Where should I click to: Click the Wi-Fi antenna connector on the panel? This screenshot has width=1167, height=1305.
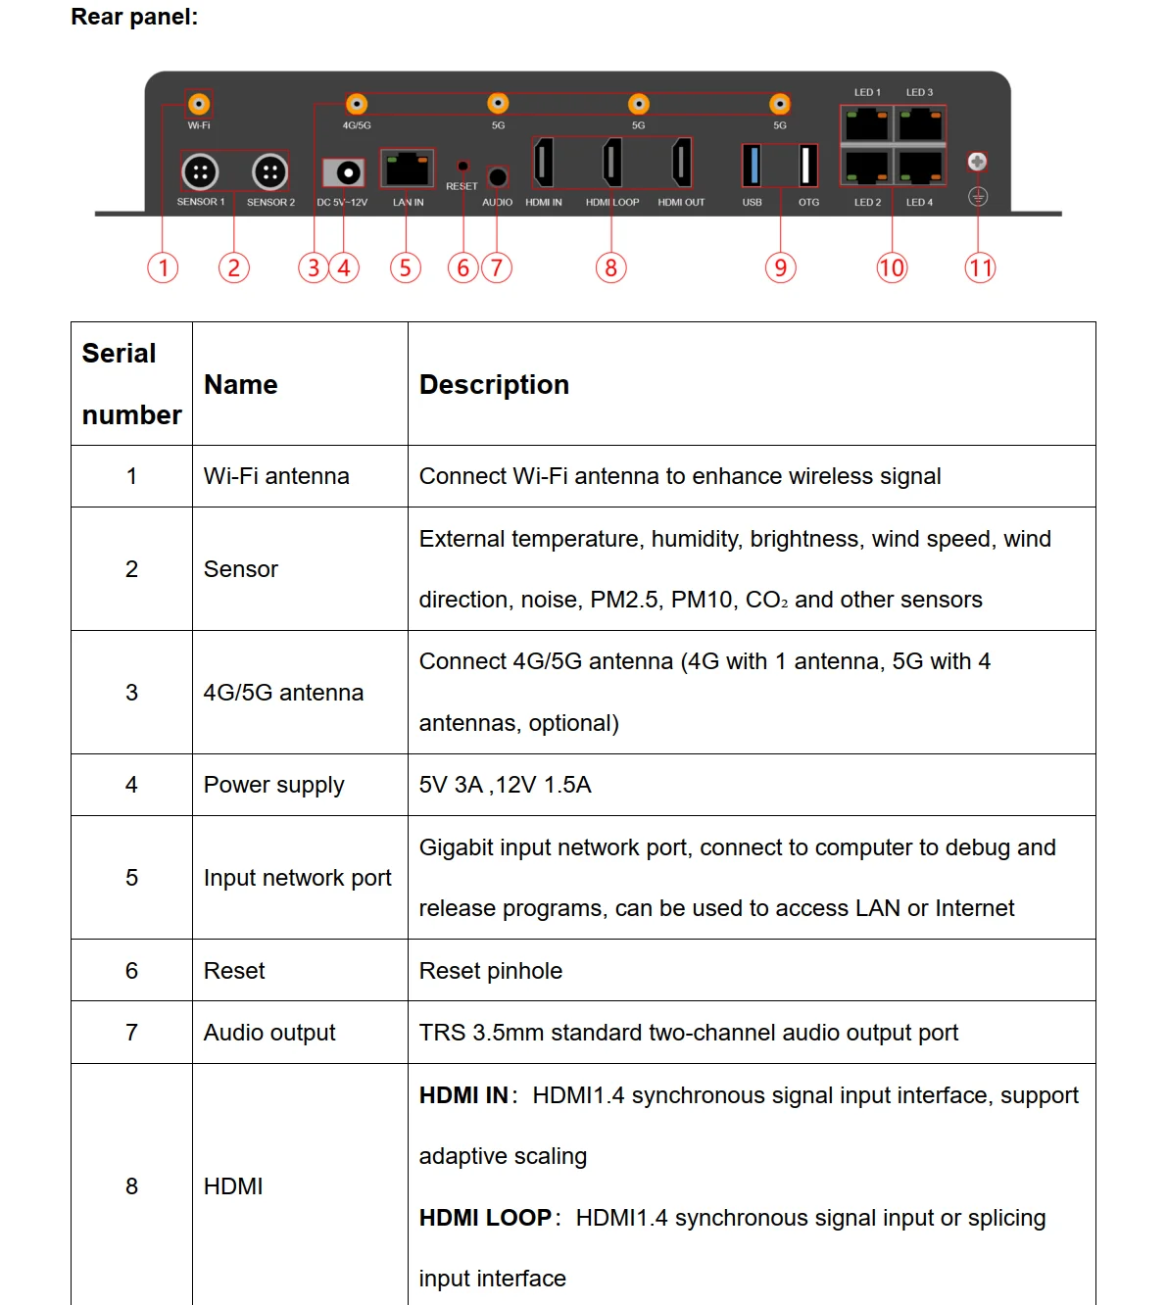click(x=199, y=103)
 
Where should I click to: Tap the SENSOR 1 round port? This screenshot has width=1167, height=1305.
click(x=200, y=172)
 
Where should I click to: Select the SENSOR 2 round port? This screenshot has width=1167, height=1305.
click(x=269, y=172)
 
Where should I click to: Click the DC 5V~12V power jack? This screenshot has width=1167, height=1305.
click(x=345, y=172)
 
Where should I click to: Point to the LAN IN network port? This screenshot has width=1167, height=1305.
click(x=407, y=169)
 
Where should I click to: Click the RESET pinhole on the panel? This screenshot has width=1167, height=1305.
click(x=462, y=166)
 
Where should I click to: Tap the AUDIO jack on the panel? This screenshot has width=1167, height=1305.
click(x=498, y=176)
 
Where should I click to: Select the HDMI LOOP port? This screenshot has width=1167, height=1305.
click(x=612, y=162)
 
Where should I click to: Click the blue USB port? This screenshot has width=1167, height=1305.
click(x=752, y=165)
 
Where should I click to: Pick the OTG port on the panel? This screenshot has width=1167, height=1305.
click(x=808, y=165)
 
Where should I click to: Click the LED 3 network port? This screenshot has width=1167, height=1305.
click(x=920, y=124)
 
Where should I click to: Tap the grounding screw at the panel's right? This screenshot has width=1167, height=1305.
click(x=977, y=162)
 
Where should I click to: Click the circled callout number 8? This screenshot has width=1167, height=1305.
click(x=610, y=267)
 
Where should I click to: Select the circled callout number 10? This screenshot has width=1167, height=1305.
click(x=892, y=267)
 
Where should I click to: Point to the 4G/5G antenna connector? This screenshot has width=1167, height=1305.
click(x=357, y=104)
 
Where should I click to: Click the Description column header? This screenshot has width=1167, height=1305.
click(x=494, y=384)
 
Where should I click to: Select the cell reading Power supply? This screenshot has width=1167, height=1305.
click(x=274, y=785)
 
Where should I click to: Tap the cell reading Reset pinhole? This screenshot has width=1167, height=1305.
click(x=491, y=971)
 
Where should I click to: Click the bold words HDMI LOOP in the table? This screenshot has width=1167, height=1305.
click(x=485, y=1218)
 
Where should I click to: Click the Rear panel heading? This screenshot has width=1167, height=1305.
click(x=134, y=17)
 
